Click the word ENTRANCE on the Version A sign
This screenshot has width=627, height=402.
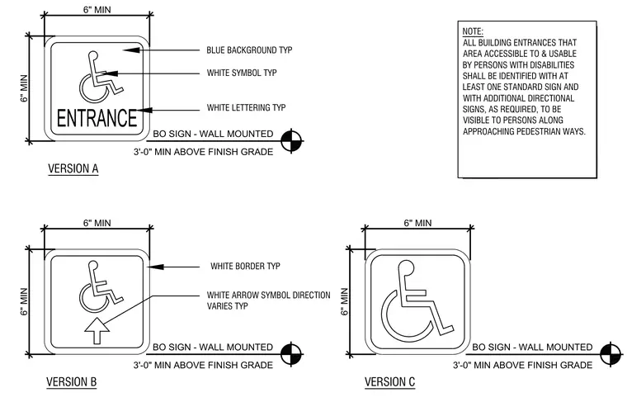pyautogui.click(x=97, y=117)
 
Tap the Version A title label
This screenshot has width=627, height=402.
pyautogui.click(x=73, y=168)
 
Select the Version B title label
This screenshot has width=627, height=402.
pyautogui.click(x=72, y=382)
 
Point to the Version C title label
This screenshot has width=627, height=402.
pyautogui.click(x=390, y=382)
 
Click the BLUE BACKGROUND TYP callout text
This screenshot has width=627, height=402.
pyautogui.click(x=249, y=50)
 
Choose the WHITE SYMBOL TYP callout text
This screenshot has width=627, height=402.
pyautogui.click(x=242, y=73)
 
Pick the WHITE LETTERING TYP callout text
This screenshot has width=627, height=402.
pyautogui.click(x=246, y=107)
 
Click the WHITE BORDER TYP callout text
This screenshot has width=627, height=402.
pyautogui.click(x=245, y=266)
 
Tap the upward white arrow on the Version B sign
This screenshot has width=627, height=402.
pyautogui.click(x=97, y=330)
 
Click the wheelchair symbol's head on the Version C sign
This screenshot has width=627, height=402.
pyautogui.click(x=406, y=267)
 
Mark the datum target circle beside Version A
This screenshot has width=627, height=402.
pyautogui.click(x=291, y=141)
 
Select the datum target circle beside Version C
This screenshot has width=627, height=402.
pyautogui.click(x=610, y=354)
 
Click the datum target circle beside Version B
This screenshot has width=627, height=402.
pyautogui.click(x=291, y=354)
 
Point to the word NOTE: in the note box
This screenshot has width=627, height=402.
pyautogui.click(x=473, y=31)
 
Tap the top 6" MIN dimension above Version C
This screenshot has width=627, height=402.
pyautogui.click(x=417, y=223)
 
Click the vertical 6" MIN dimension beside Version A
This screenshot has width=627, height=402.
pyautogui.click(x=25, y=88)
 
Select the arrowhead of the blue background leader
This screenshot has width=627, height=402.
pyautogui.click(x=132, y=50)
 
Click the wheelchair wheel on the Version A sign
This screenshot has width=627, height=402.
pyautogui.click(x=92, y=89)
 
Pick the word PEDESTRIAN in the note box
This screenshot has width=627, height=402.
pyautogui.click(x=542, y=131)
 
